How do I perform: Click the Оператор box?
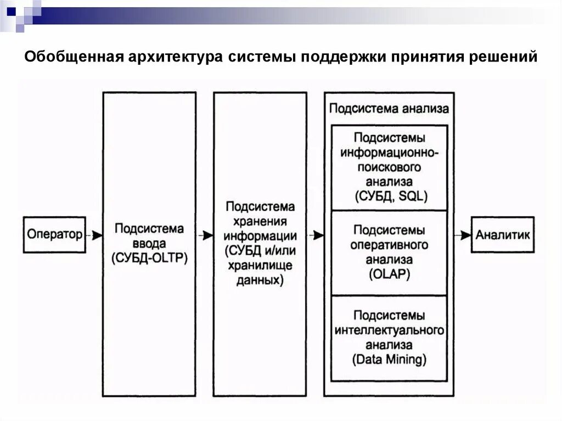point(54,235)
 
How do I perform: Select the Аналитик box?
point(502,235)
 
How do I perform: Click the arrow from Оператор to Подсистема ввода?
point(94,235)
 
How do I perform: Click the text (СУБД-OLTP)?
point(149,257)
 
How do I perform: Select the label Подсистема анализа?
point(389,108)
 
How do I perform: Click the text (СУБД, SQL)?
point(389,196)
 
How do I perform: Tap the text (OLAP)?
point(389,274)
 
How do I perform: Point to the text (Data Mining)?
point(389,361)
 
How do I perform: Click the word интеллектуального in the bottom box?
point(389,331)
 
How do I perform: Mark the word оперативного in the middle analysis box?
point(389,245)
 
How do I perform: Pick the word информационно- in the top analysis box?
point(389,152)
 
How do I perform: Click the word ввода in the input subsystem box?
point(149,243)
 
